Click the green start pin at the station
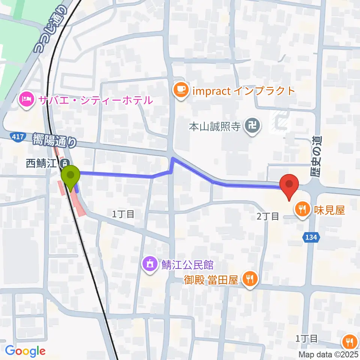tap(71, 177)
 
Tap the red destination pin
tap(289, 184)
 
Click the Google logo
tap(25, 351)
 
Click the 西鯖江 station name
tap(42, 163)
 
